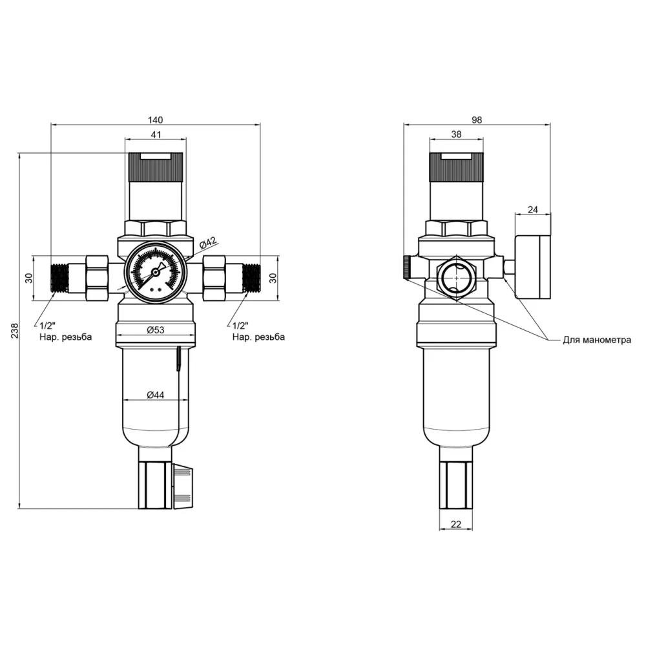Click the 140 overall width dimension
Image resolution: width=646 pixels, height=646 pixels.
[x=155, y=120]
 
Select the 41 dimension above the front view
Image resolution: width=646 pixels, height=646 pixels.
[x=155, y=134]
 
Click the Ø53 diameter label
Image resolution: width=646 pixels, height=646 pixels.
[x=155, y=330]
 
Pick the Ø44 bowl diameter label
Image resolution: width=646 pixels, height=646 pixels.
[x=155, y=395]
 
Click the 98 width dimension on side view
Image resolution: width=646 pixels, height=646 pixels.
[x=477, y=120]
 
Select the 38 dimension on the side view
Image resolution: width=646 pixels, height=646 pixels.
[x=456, y=134]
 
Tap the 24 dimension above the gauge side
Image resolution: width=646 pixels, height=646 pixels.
[x=532, y=209]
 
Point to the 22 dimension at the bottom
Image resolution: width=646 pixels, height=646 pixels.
[x=456, y=525]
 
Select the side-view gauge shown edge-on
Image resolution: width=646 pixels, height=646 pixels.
[x=532, y=266]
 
